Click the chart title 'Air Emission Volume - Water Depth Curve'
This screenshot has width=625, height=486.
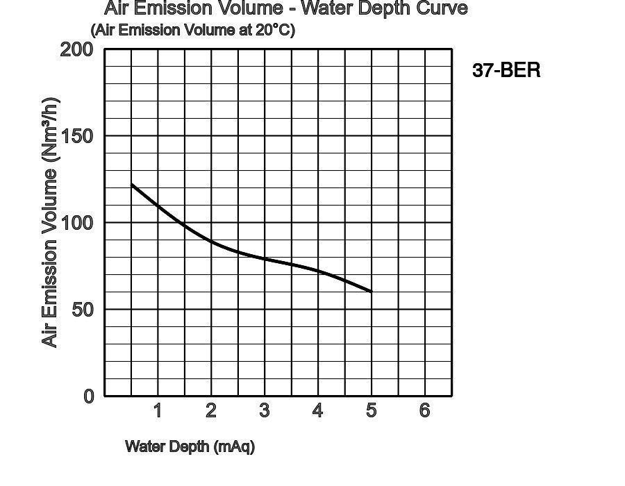[x=285, y=8]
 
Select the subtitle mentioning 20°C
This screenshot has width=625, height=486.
[x=192, y=30]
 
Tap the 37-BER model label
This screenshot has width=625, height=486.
[x=506, y=70]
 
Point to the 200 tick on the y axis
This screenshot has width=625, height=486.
[x=76, y=49]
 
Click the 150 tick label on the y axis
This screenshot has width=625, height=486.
[x=76, y=136]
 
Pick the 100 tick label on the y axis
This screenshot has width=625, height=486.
[x=76, y=223]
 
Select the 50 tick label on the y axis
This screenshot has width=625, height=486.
[x=83, y=310]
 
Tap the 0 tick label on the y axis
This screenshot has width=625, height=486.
[x=88, y=396]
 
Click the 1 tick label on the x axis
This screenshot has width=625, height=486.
[x=158, y=410]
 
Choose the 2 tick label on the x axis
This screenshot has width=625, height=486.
[x=211, y=410]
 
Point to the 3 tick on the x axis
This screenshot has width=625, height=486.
[x=265, y=410]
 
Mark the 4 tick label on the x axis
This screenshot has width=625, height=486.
[x=317, y=410]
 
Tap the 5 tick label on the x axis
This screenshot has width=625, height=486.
[x=371, y=410]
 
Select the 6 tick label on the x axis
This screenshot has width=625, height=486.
[x=424, y=410]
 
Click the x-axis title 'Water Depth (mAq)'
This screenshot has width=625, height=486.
[x=190, y=446]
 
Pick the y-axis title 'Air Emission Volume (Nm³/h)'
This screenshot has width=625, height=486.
[x=50, y=222]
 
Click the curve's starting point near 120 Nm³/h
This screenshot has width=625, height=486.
[x=132, y=185]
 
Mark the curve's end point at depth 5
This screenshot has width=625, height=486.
[x=372, y=292]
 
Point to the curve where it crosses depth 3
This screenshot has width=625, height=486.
[x=265, y=258]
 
